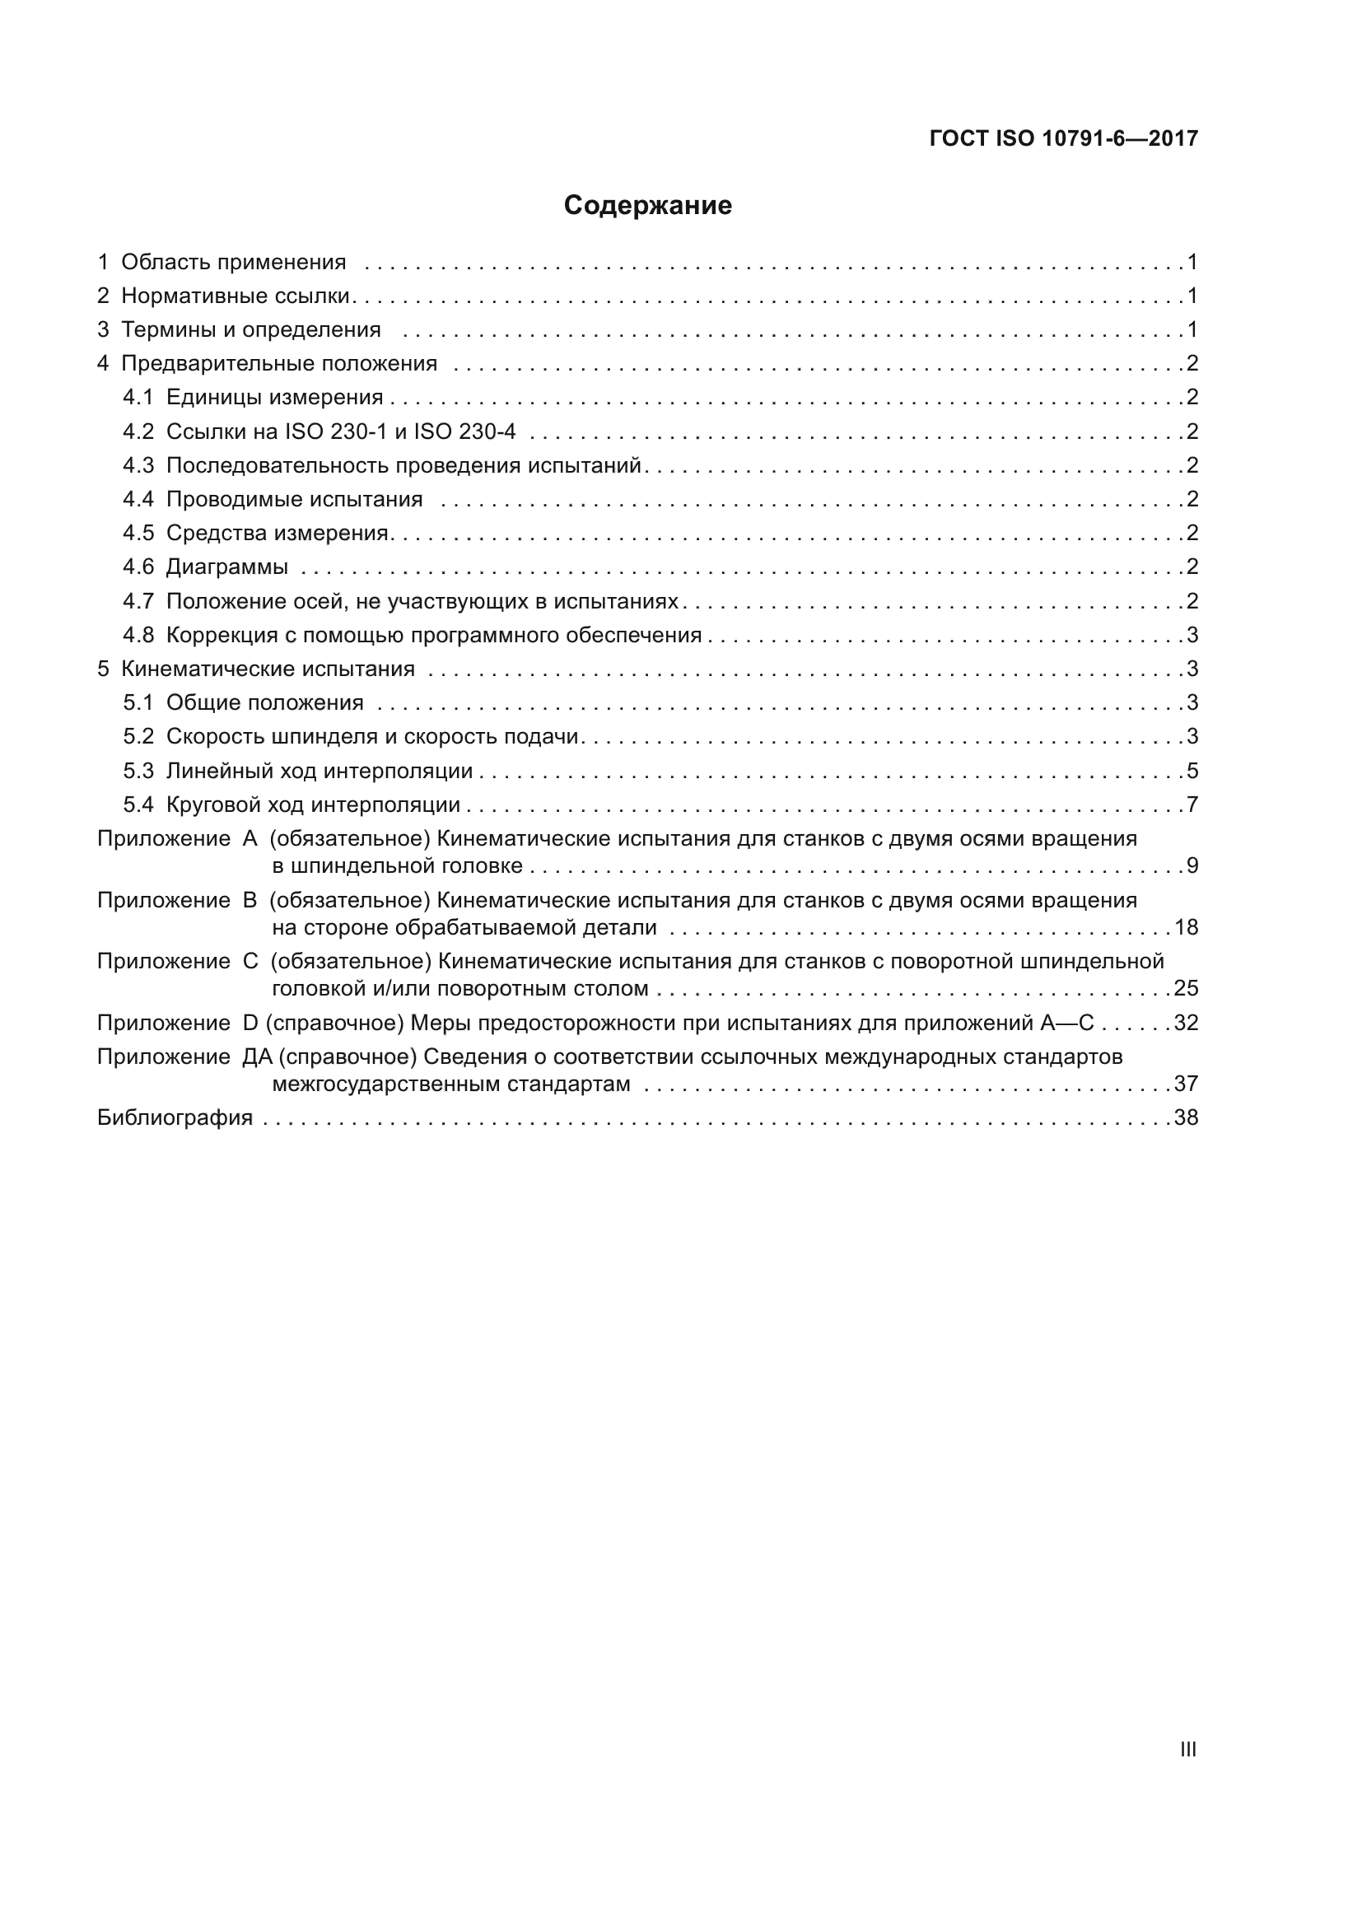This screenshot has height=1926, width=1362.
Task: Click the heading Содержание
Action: (x=647, y=205)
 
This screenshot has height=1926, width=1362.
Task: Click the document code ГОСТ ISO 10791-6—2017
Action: (x=1063, y=138)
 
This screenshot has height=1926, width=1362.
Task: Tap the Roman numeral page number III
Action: (x=1187, y=1749)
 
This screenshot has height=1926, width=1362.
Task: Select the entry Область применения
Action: (x=233, y=263)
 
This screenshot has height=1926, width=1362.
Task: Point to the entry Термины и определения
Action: (x=251, y=329)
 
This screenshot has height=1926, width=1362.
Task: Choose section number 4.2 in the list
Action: (x=138, y=432)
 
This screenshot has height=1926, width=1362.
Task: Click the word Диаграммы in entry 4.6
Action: (x=226, y=567)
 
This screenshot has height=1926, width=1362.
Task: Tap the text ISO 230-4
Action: (x=464, y=432)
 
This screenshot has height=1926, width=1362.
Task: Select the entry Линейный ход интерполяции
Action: (x=319, y=771)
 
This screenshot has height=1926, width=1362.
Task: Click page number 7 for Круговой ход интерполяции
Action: (x=1192, y=805)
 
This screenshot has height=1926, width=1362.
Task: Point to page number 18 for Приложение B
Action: (x=1186, y=927)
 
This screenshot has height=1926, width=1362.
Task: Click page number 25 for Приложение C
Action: (x=1186, y=988)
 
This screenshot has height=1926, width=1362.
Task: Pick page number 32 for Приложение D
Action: (x=1186, y=1023)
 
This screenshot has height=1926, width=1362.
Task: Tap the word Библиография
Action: (x=175, y=1117)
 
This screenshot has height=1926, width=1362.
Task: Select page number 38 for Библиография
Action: (x=1186, y=1117)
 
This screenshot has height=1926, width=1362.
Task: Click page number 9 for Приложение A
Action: (x=1192, y=865)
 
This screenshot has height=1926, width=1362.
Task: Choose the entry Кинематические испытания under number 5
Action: (x=268, y=669)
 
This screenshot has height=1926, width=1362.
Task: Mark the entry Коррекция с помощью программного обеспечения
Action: (x=434, y=635)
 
